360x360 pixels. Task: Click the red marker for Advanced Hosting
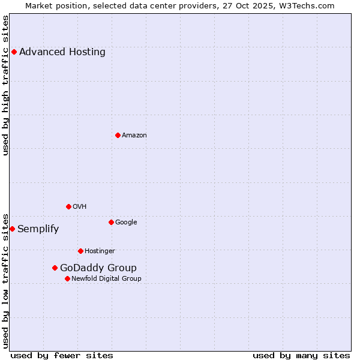[14, 52]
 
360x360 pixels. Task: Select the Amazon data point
[118, 135]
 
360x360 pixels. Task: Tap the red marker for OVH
[68, 206]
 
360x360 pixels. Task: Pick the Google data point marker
[111, 222]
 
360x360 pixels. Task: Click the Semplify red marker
[12, 229]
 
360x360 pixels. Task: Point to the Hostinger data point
[80, 251]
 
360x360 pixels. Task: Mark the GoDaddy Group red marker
[55, 268]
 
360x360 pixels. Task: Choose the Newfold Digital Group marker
[67, 278]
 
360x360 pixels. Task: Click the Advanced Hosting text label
[62, 52]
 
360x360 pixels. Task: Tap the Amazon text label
[134, 135]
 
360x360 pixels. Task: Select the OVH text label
[80, 206]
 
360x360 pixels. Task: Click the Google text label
[126, 222]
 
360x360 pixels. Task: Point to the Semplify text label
[38, 229]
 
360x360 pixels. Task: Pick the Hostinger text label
[100, 251]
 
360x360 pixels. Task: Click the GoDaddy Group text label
[98, 268]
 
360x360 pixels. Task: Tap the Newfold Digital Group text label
[106, 278]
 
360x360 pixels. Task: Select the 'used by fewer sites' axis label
[62, 355]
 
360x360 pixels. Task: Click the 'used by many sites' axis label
[301, 355]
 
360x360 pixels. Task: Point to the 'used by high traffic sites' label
[5, 85]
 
